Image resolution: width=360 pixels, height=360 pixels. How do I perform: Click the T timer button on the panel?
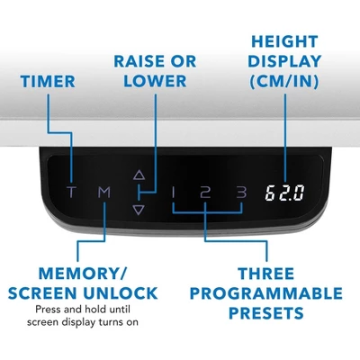[x=71, y=192]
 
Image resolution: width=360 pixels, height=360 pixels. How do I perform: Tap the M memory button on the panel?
[x=104, y=192]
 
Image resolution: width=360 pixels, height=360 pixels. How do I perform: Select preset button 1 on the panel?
[x=173, y=192]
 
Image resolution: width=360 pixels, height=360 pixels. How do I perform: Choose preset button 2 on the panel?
[x=205, y=192]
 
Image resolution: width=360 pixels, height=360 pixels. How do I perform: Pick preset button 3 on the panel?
[x=241, y=192]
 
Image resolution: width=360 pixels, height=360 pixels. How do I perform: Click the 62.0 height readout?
[x=284, y=193]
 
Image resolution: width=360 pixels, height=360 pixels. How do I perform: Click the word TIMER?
[x=48, y=82]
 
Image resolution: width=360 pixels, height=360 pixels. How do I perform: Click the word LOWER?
[x=155, y=81]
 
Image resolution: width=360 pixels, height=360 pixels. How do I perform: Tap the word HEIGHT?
[x=284, y=41]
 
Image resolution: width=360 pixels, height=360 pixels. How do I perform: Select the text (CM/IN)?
[x=284, y=82]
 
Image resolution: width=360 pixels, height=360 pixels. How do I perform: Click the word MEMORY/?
[x=83, y=274]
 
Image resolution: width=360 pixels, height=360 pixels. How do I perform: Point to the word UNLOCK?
[x=121, y=293]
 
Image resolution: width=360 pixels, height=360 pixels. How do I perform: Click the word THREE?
[x=266, y=274]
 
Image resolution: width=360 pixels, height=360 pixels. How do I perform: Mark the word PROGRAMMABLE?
[x=266, y=293]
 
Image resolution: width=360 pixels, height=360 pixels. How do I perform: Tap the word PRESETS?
[x=266, y=313]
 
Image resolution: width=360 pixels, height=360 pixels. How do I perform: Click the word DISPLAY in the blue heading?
[x=284, y=61]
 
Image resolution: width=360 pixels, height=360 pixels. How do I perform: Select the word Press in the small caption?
[x=47, y=309]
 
